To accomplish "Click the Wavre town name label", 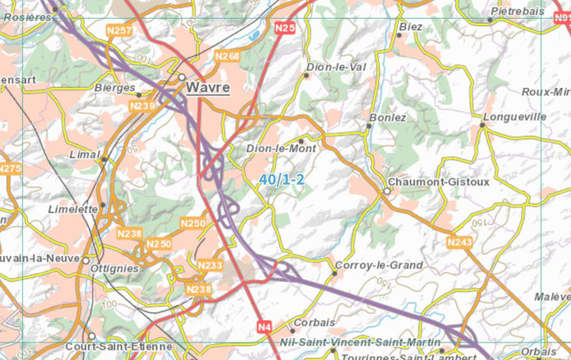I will pos(209,87).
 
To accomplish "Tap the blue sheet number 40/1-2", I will pos(282,180).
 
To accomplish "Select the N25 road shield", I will pos(285,29).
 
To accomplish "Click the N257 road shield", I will pos(119,30).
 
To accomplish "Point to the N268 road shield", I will pos(228,56).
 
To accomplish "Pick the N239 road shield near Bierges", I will pos(142,105).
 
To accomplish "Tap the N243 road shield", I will pos(460,242).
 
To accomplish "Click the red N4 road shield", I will pos(265,325).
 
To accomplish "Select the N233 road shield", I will pos(210,265).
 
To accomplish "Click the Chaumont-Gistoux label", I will pos(439,182).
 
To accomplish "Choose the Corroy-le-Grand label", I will pos(379,265).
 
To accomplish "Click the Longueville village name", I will pos(519,117).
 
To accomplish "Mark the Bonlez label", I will pos(387,117).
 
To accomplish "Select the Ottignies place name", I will pos(115,268).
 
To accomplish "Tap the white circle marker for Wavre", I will pos(182,78).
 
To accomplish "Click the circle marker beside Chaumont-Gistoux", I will pos(387,191).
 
